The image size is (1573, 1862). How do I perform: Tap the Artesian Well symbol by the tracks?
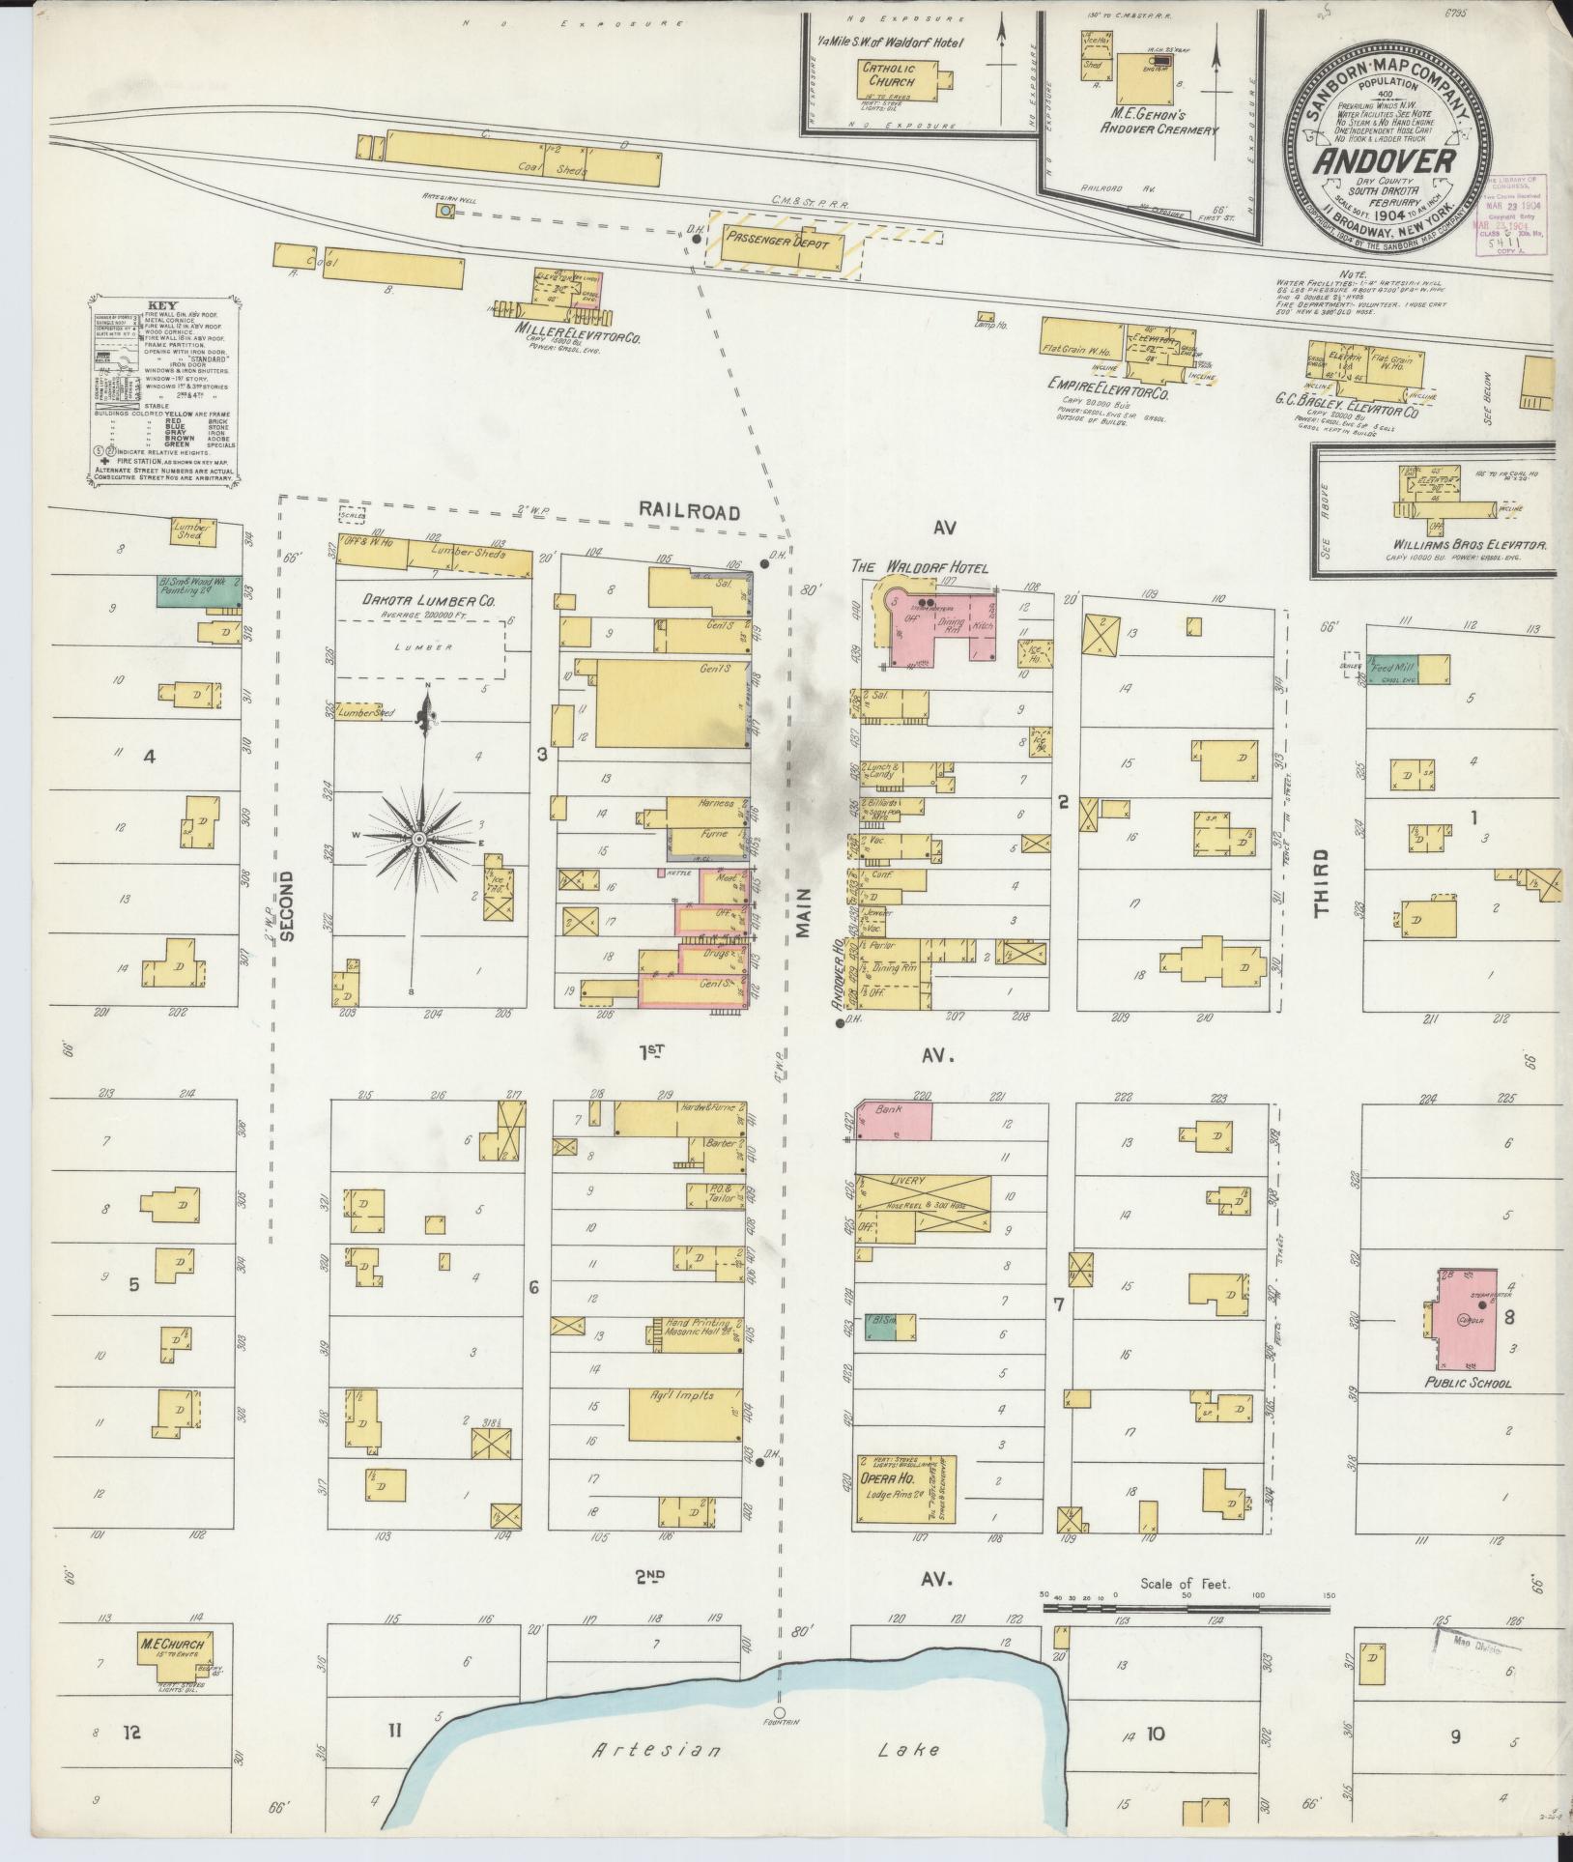coord(444,210)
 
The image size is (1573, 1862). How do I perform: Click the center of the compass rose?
coord(419,841)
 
